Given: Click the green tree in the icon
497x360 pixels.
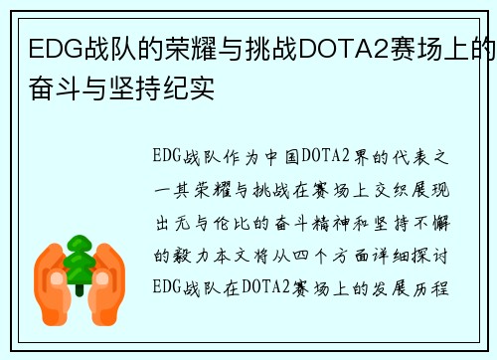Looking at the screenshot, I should coord(78,262).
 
